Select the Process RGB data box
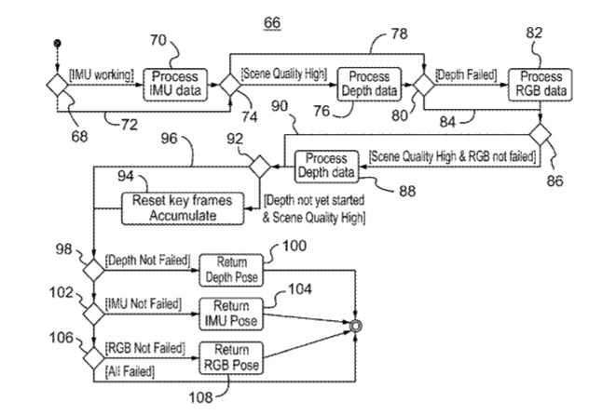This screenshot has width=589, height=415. (535, 83)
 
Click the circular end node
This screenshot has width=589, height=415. (352, 325)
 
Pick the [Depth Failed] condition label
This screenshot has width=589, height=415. (463, 72)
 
